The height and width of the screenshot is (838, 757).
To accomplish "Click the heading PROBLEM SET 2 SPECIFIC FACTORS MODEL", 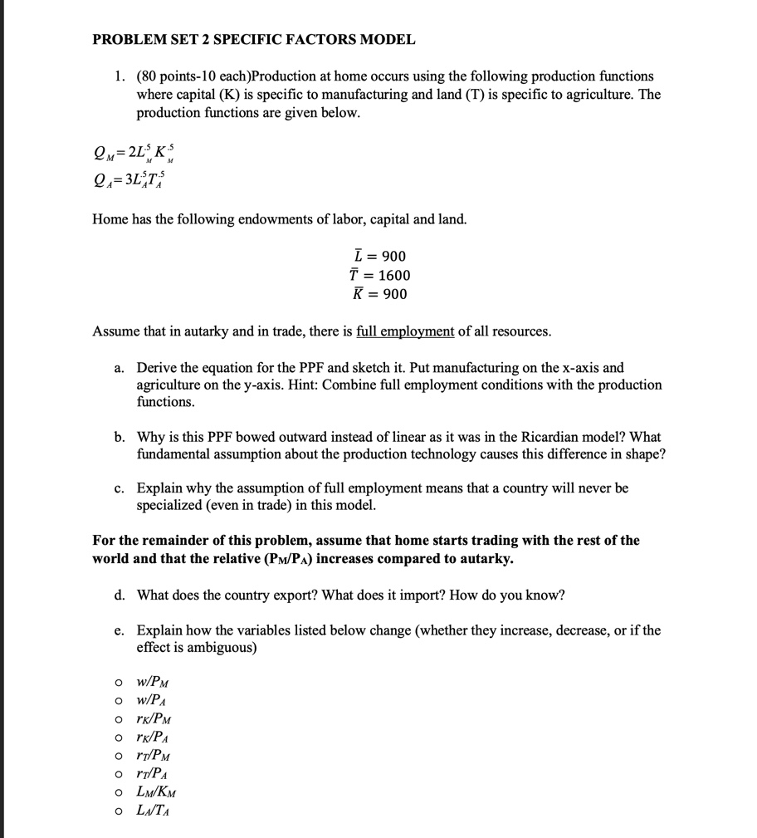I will pos(254,39).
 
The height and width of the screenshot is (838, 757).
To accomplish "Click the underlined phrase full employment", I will pos(405,331).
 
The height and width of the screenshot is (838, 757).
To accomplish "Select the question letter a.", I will pos(120,367).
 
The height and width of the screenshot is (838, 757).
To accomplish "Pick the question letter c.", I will pos(120,488).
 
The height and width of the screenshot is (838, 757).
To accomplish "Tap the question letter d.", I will pos(120,595).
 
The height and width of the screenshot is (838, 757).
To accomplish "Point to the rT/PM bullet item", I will pos(155,756).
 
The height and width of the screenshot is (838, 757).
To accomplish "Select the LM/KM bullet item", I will pos(157,792).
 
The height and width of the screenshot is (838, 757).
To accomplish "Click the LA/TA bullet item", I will pos(154,811).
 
